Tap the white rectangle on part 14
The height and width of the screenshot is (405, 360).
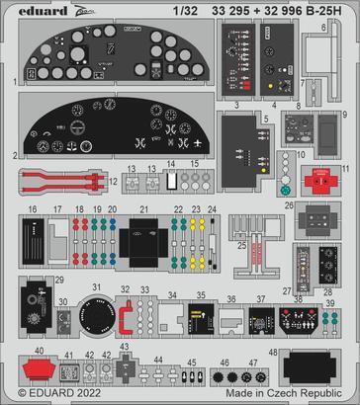click(172, 182)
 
